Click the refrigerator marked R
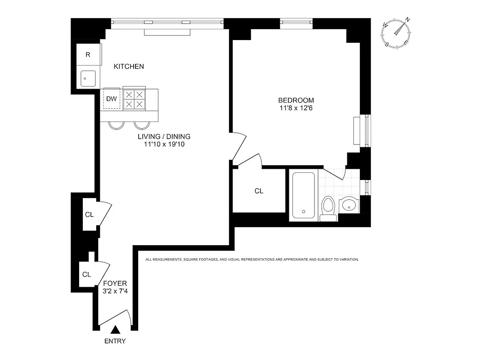[88, 55]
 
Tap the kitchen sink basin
[88, 79]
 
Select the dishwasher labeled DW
[112, 99]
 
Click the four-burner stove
[134, 99]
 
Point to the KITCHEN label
[129, 67]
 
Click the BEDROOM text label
[296, 100]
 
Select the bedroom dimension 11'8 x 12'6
[296, 108]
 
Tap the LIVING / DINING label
[164, 136]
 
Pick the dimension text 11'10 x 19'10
[164, 144]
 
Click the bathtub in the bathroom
[303, 195]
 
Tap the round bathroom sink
[349, 205]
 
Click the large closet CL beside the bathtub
[259, 191]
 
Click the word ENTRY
[115, 341]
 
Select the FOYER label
[115, 283]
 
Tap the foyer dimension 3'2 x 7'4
[115, 291]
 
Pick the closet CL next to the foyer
[86, 274]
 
